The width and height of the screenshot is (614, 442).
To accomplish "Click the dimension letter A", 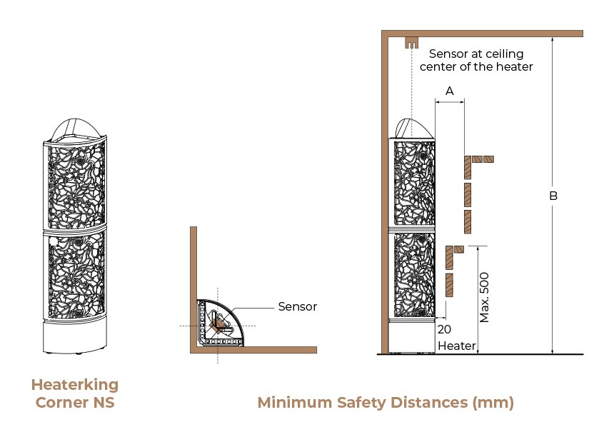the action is (x=450, y=91).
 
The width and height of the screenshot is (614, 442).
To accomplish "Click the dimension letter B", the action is (x=553, y=196).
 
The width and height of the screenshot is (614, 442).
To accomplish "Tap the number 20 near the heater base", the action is (x=444, y=329).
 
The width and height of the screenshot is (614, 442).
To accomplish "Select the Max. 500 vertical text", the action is (x=484, y=298).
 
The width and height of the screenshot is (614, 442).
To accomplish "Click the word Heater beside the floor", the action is (x=457, y=346).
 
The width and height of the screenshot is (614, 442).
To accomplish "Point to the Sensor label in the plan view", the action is (x=298, y=306).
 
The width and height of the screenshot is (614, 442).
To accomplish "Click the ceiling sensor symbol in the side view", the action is (x=411, y=43).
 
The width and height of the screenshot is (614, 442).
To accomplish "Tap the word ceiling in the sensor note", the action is (x=504, y=54).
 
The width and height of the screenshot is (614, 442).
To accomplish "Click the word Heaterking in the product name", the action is (x=75, y=385).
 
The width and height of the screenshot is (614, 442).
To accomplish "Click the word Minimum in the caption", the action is (x=294, y=403).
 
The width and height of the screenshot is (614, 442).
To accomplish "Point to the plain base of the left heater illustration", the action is (x=74, y=337).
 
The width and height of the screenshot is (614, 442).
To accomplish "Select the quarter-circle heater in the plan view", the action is (x=219, y=323).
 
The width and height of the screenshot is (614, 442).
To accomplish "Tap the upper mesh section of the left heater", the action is (x=76, y=185).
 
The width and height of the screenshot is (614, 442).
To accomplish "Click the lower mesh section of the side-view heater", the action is (x=414, y=275).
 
